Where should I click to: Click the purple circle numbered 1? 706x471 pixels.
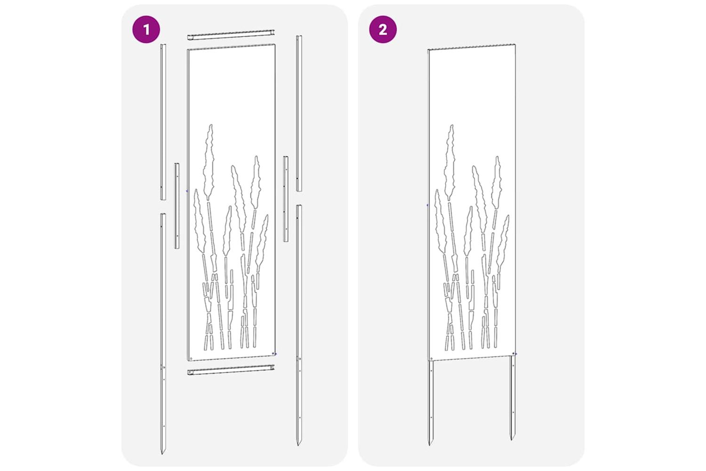(x=146, y=29)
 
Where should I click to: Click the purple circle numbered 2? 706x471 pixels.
(x=383, y=29)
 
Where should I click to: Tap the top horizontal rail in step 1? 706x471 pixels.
(x=231, y=35)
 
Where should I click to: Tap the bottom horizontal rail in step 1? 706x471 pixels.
(x=231, y=370)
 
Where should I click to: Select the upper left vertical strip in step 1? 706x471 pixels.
(x=163, y=122)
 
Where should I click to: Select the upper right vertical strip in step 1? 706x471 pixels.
(x=299, y=113)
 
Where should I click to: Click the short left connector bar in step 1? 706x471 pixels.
(x=177, y=206)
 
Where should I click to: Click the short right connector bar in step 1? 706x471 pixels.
(x=286, y=199)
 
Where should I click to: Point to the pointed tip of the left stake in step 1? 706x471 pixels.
(x=163, y=454)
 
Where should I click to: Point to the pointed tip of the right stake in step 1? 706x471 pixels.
(x=298, y=446)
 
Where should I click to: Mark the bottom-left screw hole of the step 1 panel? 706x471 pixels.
(x=191, y=358)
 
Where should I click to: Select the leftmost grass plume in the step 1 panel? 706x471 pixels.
(x=200, y=221)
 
